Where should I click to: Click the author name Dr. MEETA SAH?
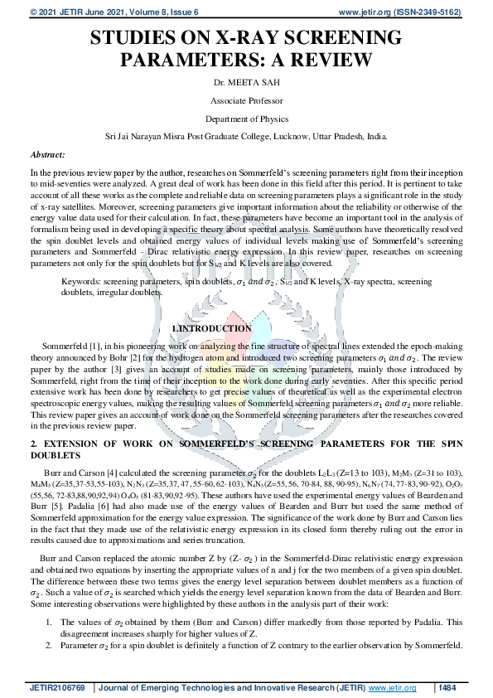point(246,82)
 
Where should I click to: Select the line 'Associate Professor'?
point(246,100)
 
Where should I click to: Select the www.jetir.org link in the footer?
point(393,687)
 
